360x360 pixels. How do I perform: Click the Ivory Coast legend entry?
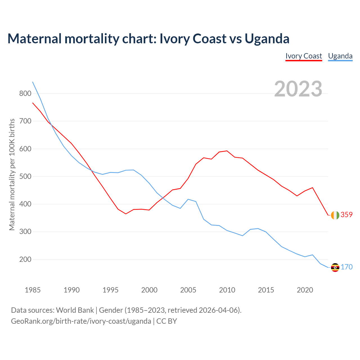click(x=303, y=56)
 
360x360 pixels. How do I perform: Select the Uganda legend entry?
click(x=340, y=56)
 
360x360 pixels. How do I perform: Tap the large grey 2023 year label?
click(x=298, y=89)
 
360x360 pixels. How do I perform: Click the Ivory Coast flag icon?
click(x=335, y=215)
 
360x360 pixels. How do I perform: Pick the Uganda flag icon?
click(x=335, y=267)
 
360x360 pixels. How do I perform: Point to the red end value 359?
click(x=346, y=215)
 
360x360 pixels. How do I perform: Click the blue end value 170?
click(x=346, y=267)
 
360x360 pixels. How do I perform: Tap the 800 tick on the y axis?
click(x=25, y=94)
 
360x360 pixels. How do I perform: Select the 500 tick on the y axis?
click(x=25, y=177)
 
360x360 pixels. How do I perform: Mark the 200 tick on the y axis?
click(x=25, y=260)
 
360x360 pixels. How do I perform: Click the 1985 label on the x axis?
click(x=33, y=290)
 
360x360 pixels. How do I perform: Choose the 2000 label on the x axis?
click(x=149, y=290)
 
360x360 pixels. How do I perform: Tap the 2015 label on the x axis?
click(x=266, y=290)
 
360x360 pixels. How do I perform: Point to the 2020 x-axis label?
click(x=305, y=290)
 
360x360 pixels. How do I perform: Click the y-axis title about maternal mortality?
click(x=12, y=174)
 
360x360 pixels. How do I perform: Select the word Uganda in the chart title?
click(x=267, y=39)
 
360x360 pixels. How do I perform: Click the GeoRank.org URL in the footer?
click(x=81, y=321)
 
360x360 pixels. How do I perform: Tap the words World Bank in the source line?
click(x=75, y=310)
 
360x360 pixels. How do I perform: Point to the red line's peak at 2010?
click(x=227, y=151)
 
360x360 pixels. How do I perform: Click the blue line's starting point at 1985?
click(x=33, y=82)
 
